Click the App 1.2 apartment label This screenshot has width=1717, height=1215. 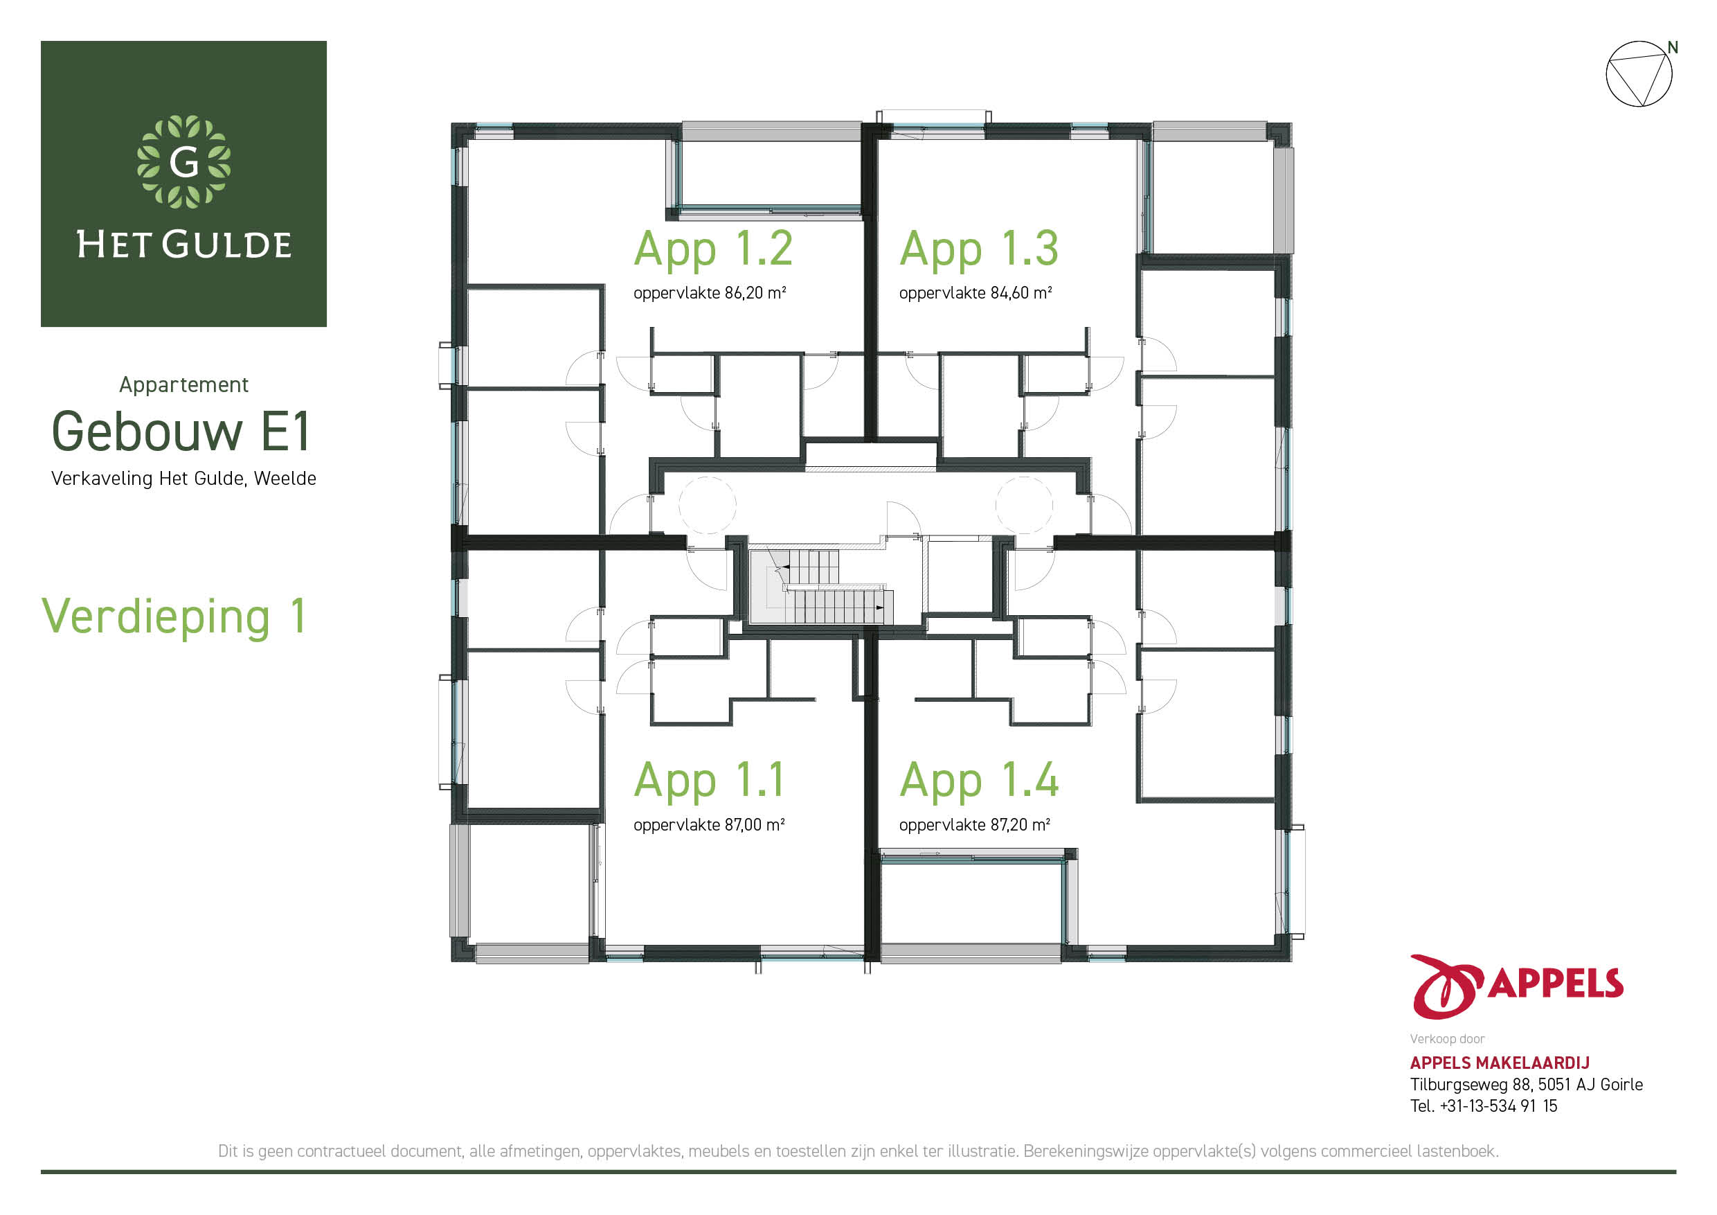click(712, 249)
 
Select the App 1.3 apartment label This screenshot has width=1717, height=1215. click(979, 249)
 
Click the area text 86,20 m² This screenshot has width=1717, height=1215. click(755, 292)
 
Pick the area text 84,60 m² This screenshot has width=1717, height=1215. click(1021, 292)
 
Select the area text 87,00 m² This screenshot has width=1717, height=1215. click(755, 824)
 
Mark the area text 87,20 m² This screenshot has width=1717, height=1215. click(1020, 824)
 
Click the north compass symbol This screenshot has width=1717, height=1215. click(1639, 73)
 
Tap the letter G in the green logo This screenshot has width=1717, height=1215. click(184, 161)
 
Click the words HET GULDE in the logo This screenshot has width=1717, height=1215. click(184, 245)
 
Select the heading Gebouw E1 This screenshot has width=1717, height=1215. click(180, 431)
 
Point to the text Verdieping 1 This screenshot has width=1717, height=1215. click(174, 617)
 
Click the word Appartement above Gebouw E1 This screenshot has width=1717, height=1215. click(184, 385)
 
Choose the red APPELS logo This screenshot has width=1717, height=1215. click(1517, 986)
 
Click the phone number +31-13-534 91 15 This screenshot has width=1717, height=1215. click(1499, 1106)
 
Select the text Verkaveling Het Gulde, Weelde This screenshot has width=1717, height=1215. click(184, 479)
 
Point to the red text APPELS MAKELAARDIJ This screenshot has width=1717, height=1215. click(1500, 1063)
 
